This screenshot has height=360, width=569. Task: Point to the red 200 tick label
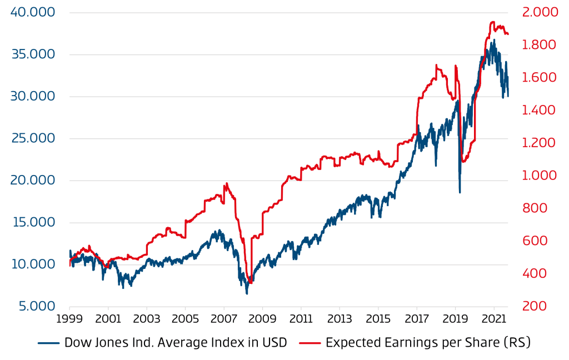[x=533, y=306]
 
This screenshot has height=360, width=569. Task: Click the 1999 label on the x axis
[x=70, y=321]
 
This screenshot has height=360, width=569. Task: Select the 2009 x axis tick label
[x=262, y=321]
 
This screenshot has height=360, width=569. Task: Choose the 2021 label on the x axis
[x=493, y=321]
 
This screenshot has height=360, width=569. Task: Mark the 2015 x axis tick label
[x=378, y=321]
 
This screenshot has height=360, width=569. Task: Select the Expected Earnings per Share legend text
[x=428, y=343]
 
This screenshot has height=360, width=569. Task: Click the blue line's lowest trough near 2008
[x=247, y=293]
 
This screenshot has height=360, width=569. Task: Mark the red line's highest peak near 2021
[x=492, y=22]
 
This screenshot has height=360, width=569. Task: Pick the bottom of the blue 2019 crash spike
[x=460, y=192]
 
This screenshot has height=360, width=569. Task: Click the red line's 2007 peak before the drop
[x=226, y=183]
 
